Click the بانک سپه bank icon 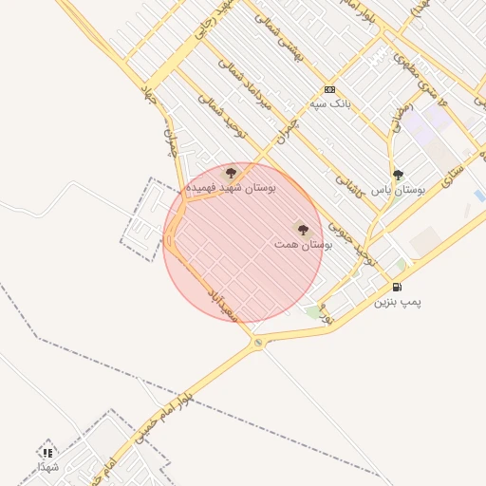(329, 88)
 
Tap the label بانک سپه (329, 103)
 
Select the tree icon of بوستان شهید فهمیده (231, 173)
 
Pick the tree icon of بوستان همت (302, 229)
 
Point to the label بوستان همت (303, 244)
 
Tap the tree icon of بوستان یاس (398, 175)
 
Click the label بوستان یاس (398, 190)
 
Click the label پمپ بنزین (397, 302)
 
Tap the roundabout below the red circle (258, 343)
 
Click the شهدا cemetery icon (48, 452)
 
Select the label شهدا (48, 467)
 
